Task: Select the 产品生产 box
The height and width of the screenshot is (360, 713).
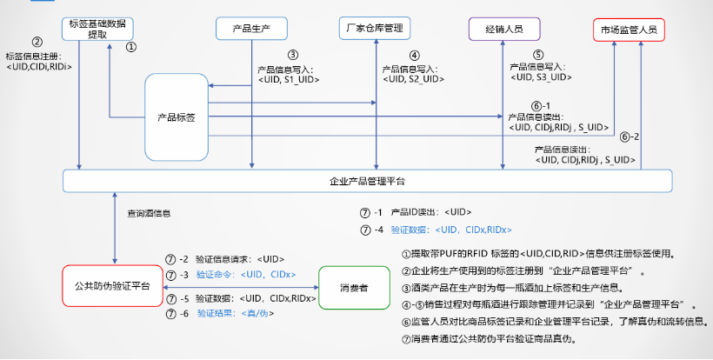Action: coord(251,29)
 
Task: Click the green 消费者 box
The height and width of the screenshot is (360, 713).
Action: coord(353,285)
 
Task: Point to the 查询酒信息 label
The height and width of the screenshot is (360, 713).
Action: coord(149,212)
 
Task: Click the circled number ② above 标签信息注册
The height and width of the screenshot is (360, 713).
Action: coord(37,42)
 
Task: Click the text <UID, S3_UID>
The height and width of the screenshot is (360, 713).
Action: coord(540,77)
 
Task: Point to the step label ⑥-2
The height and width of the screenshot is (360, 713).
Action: coord(630,137)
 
